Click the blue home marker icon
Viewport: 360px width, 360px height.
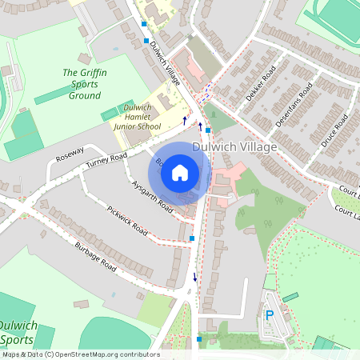pyautogui.click(x=180, y=172)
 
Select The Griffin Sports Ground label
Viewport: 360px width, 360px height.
pyautogui.click(x=82, y=84)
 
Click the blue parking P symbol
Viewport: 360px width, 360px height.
pyautogui.click(x=270, y=315)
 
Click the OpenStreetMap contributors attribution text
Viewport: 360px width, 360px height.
pyautogui.click(x=80, y=354)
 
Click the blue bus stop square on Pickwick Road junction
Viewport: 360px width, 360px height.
pyautogui.click(x=192, y=238)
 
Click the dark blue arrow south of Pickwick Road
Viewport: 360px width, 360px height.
pyautogui.click(x=194, y=278)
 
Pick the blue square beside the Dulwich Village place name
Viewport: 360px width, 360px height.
pyautogui.click(x=207, y=130)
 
